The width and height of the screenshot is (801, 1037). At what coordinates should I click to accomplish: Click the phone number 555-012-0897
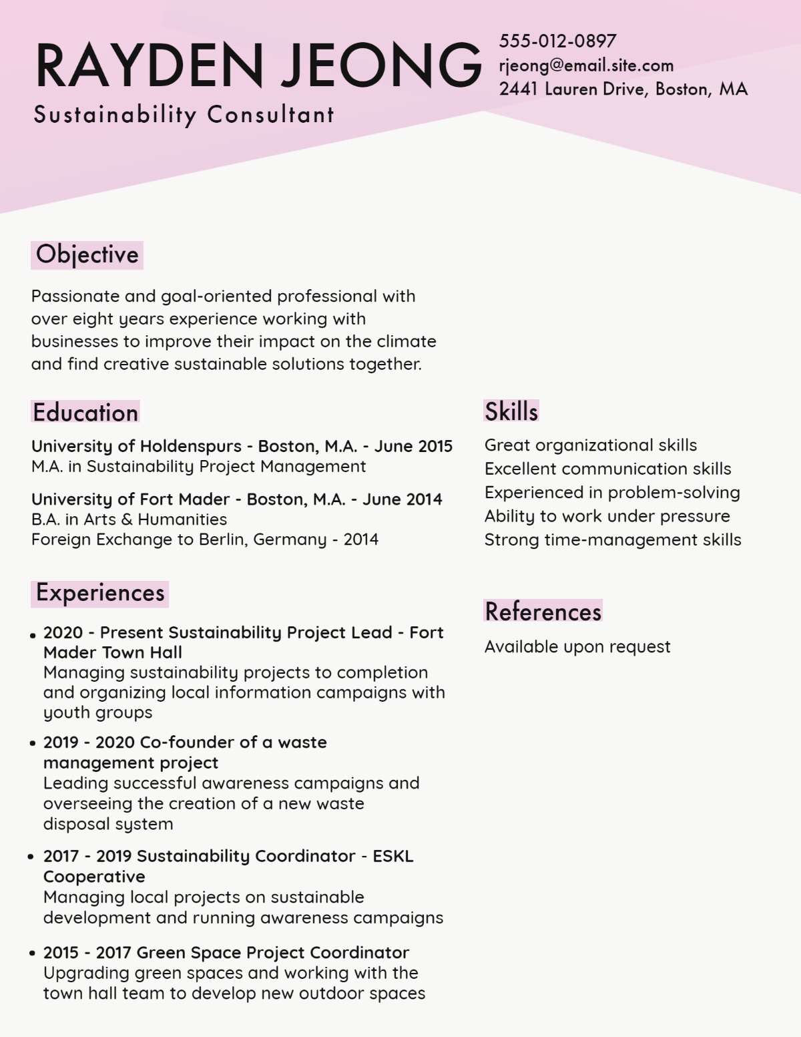[557, 41]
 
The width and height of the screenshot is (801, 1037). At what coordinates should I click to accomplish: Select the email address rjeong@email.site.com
[586, 65]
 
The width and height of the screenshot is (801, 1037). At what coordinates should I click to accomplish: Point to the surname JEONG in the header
[381, 65]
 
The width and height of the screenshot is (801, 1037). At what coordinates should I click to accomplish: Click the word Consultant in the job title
[270, 115]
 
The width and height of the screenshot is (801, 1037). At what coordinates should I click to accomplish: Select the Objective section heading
[87, 255]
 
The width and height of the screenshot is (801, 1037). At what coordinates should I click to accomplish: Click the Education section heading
[85, 413]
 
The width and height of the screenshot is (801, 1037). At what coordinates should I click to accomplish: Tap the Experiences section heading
[100, 594]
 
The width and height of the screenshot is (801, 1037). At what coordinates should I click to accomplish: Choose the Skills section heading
[511, 411]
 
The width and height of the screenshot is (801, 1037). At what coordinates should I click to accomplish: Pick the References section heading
[543, 612]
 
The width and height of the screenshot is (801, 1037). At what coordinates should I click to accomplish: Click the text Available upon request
[577, 647]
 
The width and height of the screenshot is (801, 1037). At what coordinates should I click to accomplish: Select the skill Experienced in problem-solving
[612, 493]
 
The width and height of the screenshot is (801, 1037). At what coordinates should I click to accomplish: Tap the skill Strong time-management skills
[613, 540]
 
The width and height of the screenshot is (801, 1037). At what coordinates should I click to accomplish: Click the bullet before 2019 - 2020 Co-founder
[32, 743]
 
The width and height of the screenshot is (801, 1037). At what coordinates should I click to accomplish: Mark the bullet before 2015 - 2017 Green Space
[32, 954]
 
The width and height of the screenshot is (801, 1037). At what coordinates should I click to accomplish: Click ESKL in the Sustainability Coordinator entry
[393, 857]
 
